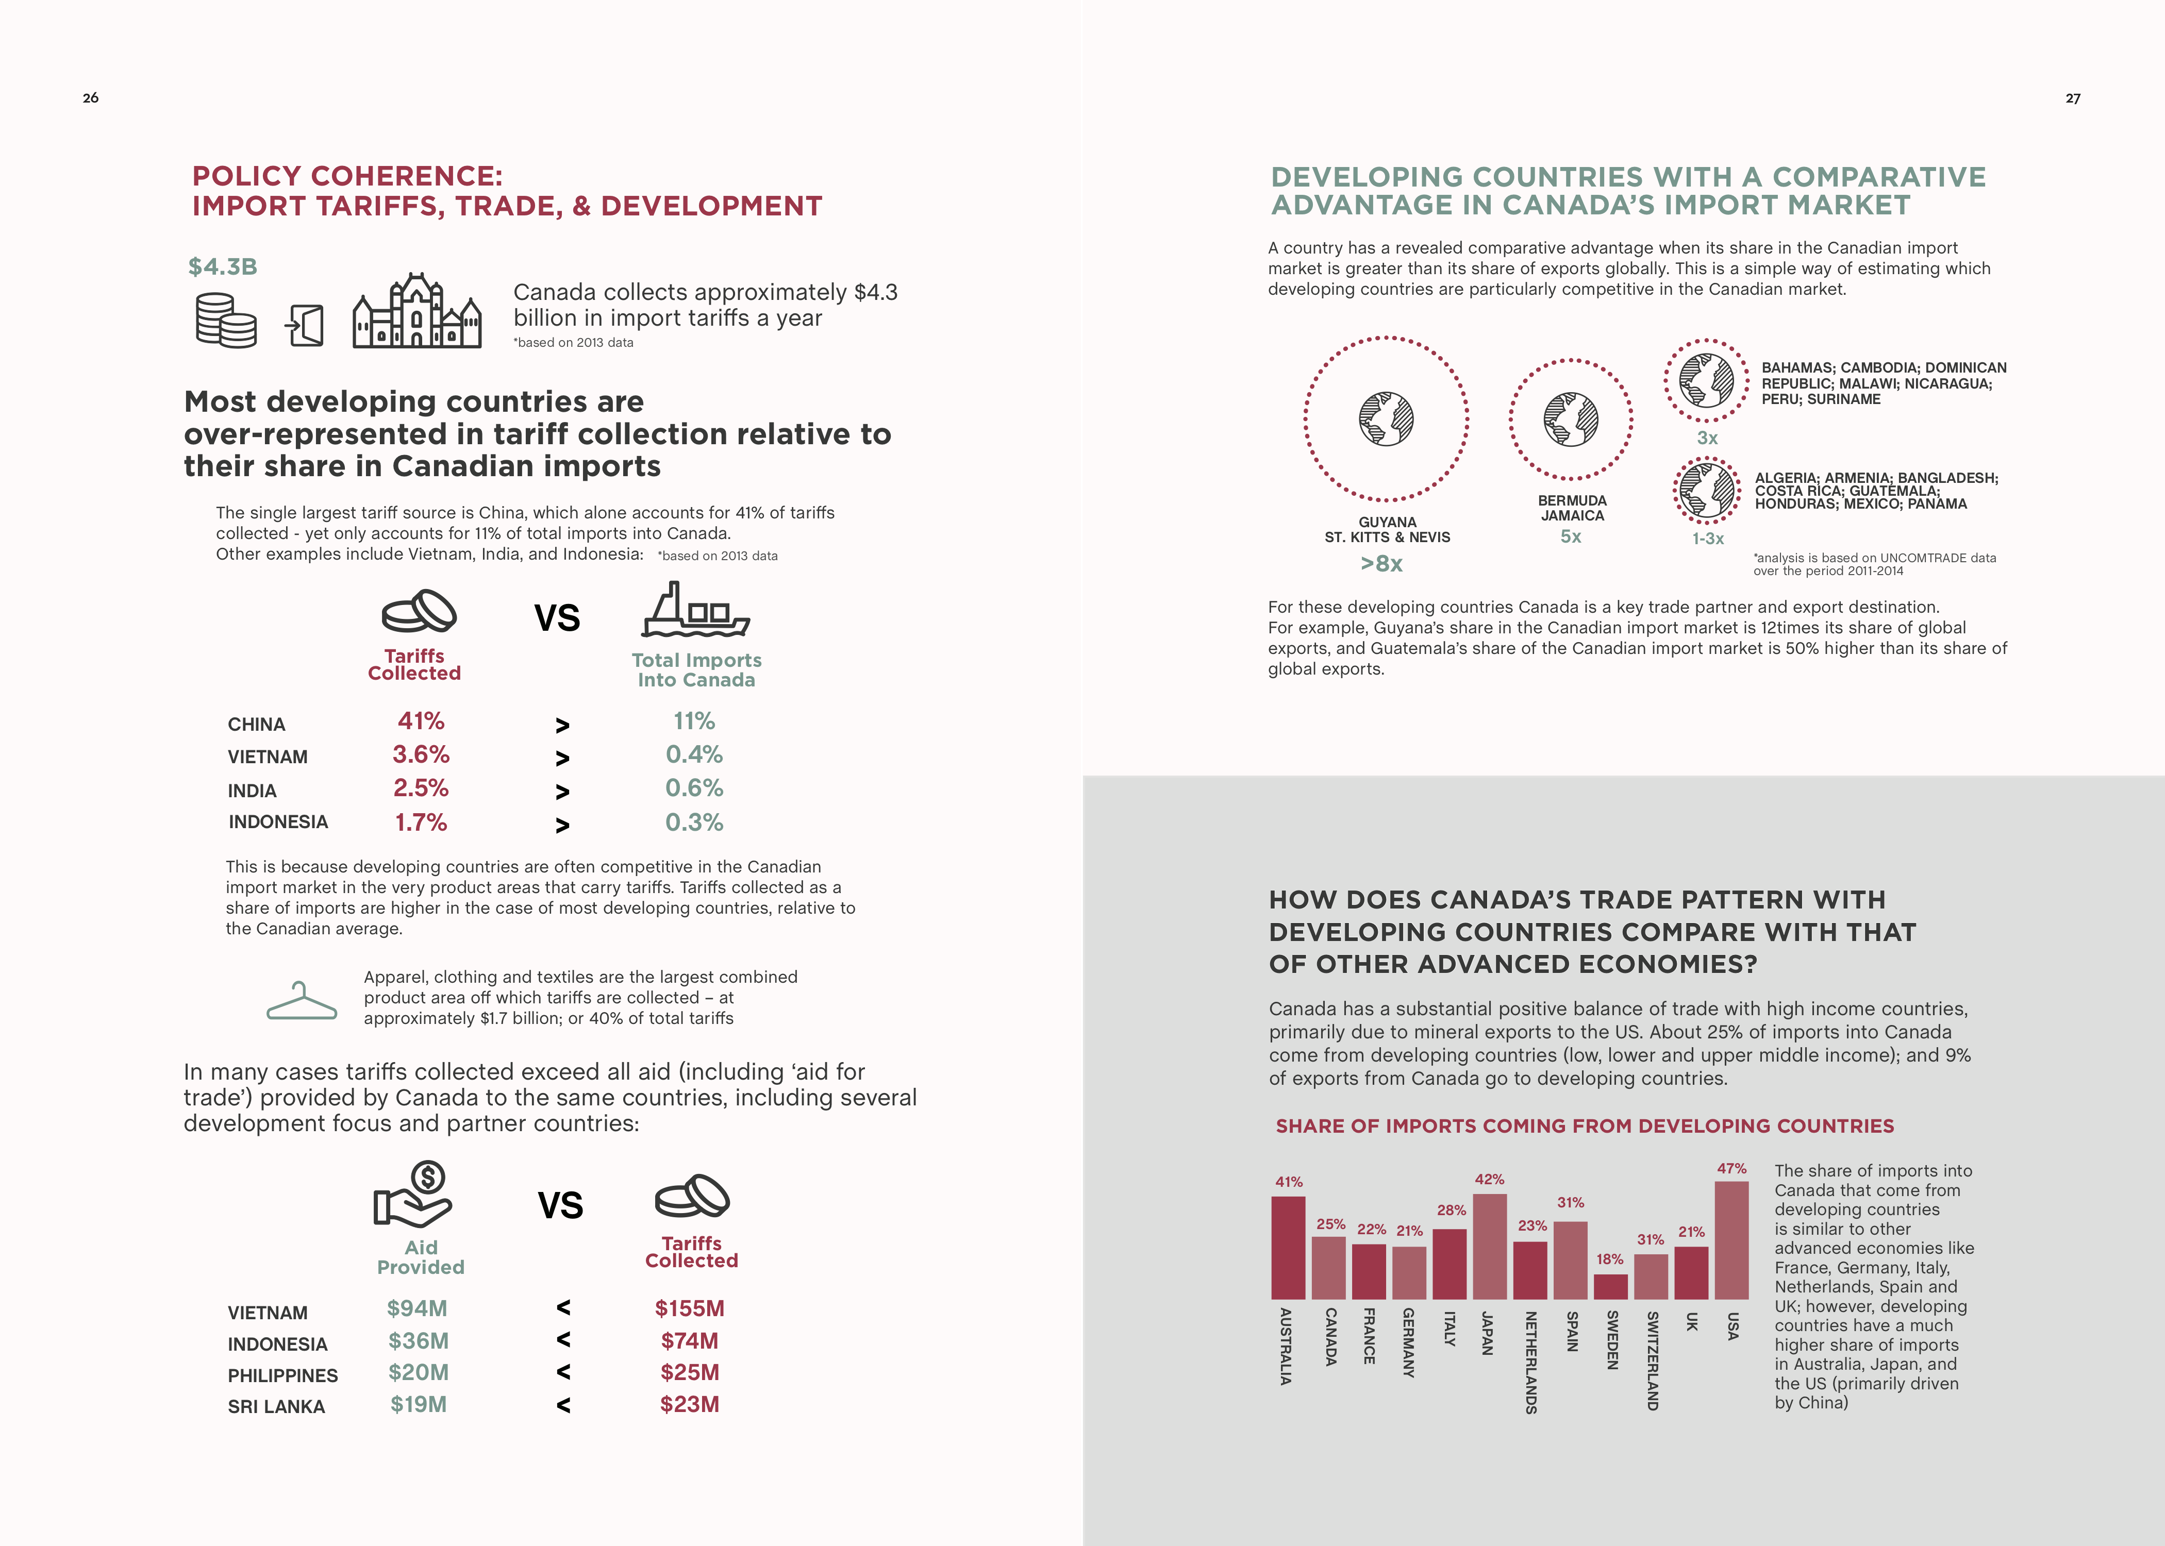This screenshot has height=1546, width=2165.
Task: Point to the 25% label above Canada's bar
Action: pos(1330,1224)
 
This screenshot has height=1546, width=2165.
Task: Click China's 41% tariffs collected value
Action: pos(421,721)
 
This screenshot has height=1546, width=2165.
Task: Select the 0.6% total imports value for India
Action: pos(694,788)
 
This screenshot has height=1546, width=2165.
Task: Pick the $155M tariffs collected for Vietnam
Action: pos(689,1309)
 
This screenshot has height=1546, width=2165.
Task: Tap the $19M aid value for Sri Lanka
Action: pos(418,1405)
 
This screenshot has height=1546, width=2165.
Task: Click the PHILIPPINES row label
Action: pos(283,1375)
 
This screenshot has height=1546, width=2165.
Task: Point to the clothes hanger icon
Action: pos(302,1001)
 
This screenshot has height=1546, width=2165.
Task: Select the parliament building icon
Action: pos(417,311)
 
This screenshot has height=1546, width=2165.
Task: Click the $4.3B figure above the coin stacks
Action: pos(223,266)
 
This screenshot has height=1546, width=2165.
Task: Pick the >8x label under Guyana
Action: pos(1381,564)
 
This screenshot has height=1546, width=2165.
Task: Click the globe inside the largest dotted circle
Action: pos(1386,419)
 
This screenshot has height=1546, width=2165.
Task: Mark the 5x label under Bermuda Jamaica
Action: pos(1571,537)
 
